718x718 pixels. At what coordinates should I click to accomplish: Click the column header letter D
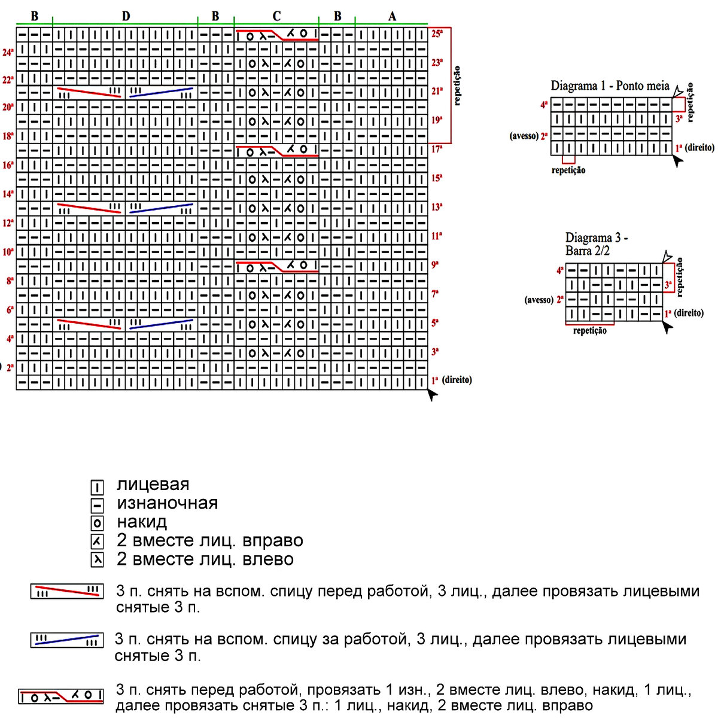pos(126,16)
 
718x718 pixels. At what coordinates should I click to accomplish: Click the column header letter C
pos(276,16)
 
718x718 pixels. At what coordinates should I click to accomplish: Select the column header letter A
pos(392,16)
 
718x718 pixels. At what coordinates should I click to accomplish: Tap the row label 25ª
pos(437,34)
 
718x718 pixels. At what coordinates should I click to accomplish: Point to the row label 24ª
pos(8,53)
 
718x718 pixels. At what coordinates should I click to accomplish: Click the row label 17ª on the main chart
pos(437,150)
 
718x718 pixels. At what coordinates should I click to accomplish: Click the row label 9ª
pos(436,264)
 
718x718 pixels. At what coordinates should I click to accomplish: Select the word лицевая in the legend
pos(153,484)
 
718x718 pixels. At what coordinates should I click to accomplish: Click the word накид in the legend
pos(142,522)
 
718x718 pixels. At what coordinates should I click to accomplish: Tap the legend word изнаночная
pos(168,503)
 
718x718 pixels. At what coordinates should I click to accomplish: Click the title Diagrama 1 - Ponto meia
pos(610,86)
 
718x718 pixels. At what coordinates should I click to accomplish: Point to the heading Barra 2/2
pos(588,251)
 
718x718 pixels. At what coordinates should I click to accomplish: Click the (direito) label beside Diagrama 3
pos(689,313)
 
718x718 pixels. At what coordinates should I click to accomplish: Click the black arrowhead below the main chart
pos(433,394)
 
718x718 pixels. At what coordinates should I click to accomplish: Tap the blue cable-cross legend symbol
pos(66,640)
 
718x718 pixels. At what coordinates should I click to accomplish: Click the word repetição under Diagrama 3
pos(589,331)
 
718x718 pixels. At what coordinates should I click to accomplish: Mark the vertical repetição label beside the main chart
pos(458,86)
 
